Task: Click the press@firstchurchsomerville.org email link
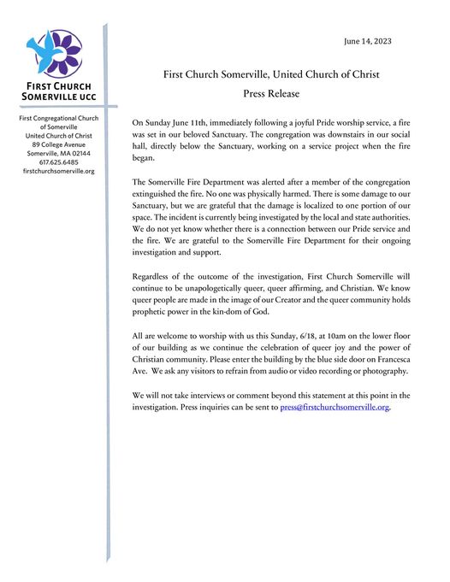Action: click(335, 409)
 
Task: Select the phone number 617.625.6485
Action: click(58, 162)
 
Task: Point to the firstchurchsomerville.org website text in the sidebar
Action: click(58, 172)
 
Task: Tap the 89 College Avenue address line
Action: click(58, 144)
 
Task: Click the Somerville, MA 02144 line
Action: click(58, 153)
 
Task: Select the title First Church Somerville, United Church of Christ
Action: click(271, 73)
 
